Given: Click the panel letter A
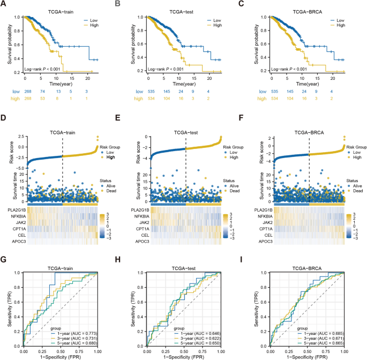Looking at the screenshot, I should point(4,5).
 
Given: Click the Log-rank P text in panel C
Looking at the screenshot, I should point(276,69).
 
